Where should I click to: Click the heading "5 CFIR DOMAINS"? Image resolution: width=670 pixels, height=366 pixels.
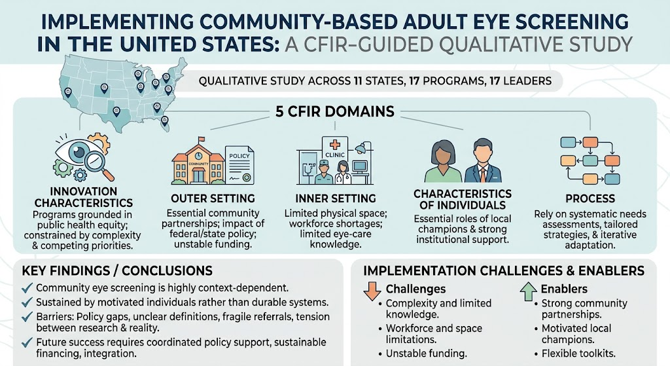pos(334,111)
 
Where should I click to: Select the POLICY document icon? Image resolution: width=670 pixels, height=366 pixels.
pos(239,166)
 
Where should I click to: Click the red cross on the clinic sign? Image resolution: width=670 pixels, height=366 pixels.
pos(334,145)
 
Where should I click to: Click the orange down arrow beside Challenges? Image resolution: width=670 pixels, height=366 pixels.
pos(372,291)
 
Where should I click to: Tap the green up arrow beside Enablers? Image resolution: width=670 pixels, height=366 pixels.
pos(528,291)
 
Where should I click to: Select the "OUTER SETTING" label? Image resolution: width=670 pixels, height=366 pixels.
pos(213,198)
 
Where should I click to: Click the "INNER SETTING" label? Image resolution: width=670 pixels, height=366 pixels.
pos(336,198)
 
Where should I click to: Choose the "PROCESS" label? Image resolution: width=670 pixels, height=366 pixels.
pos(590,198)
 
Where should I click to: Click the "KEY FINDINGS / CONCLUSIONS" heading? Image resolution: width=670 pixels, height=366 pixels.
pos(116,270)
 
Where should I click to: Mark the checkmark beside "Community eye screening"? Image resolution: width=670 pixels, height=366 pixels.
pos(27,287)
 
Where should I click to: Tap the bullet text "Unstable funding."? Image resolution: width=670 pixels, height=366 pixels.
pos(426,354)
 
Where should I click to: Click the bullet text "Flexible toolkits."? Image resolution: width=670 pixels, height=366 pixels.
pos(578,354)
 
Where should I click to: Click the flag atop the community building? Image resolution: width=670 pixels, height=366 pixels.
pos(202,139)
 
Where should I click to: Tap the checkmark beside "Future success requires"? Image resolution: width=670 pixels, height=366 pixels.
pos(27,342)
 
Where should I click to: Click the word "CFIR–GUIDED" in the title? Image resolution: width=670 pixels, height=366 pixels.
pos(359,45)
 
